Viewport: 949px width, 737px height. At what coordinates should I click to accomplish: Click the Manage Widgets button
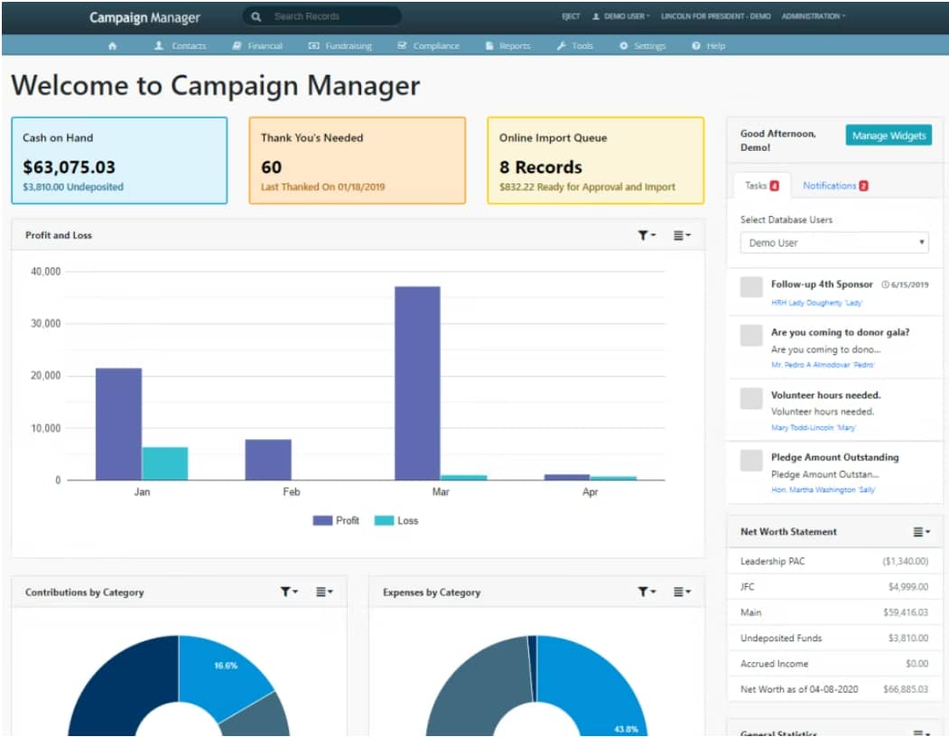888,135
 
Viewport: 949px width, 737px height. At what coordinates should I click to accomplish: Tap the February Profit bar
268,460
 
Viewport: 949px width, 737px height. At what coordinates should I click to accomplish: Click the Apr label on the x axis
590,493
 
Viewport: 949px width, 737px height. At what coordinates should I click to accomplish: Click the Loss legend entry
396,521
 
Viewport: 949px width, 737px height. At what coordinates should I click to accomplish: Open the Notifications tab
829,186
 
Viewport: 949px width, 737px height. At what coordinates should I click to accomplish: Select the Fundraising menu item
340,46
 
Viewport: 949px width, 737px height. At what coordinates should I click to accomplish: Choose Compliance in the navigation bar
429,46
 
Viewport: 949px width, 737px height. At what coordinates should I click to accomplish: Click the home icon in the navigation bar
112,46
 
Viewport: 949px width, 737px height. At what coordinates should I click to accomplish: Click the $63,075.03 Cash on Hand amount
70,167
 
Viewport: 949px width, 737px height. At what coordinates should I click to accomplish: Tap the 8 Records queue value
541,167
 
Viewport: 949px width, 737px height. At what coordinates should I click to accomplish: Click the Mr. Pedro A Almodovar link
822,365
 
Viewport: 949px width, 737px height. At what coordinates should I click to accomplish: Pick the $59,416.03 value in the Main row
905,612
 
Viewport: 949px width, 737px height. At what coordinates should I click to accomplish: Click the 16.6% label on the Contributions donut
226,666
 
